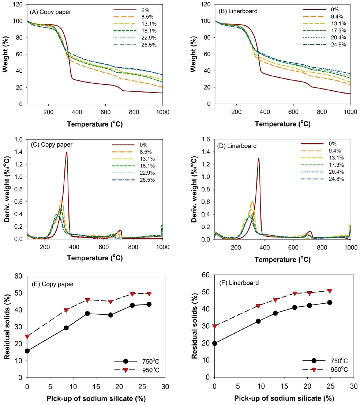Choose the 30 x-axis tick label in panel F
(353, 386)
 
